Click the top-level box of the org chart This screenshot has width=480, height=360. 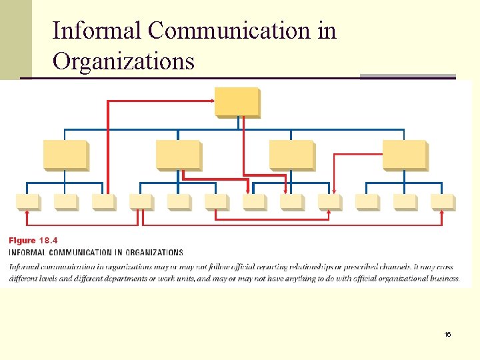[x=237, y=102]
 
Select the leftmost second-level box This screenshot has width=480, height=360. [x=65, y=155]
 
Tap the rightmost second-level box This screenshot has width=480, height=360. [x=404, y=155]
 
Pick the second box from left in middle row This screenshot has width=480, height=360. [x=178, y=155]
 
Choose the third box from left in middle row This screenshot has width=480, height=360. [x=291, y=155]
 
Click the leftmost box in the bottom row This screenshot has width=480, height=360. [x=27, y=202]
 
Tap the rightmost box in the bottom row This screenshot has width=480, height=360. [x=442, y=202]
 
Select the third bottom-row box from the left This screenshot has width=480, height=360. [x=103, y=202]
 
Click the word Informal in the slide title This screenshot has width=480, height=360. [x=97, y=31]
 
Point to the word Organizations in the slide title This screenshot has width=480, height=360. [x=123, y=61]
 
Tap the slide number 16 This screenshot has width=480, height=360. [x=447, y=333]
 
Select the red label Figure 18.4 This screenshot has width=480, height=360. [x=33, y=240]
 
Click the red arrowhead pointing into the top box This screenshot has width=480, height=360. [x=212, y=101]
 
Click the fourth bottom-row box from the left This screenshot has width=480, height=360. [x=141, y=202]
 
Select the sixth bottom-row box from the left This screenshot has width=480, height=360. [x=216, y=202]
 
